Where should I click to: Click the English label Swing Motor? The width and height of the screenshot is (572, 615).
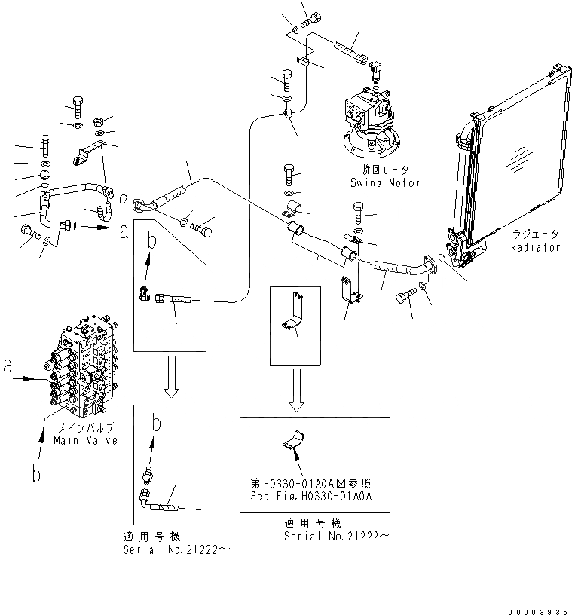[x=384, y=183]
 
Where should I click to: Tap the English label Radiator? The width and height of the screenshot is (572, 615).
[x=535, y=247]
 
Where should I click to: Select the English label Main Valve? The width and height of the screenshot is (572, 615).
[x=85, y=441]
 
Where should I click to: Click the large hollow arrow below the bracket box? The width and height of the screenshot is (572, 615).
[x=297, y=390]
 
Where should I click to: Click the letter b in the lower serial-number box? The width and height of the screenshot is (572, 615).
[x=157, y=424]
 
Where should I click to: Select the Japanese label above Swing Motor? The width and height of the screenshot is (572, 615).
[x=384, y=171]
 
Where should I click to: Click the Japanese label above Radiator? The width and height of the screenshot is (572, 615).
[x=535, y=234]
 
